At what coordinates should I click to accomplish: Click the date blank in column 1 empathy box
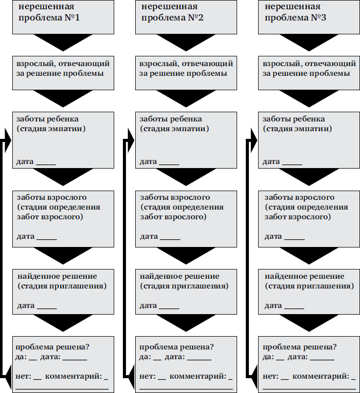click(46, 163)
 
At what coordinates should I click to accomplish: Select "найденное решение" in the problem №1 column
click(57, 276)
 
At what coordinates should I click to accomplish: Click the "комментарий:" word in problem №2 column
click(198, 377)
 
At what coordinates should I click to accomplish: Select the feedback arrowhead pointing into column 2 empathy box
click(130, 138)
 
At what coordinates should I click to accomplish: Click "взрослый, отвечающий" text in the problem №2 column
click(186, 64)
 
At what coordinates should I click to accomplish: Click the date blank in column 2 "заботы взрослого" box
click(170, 239)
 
